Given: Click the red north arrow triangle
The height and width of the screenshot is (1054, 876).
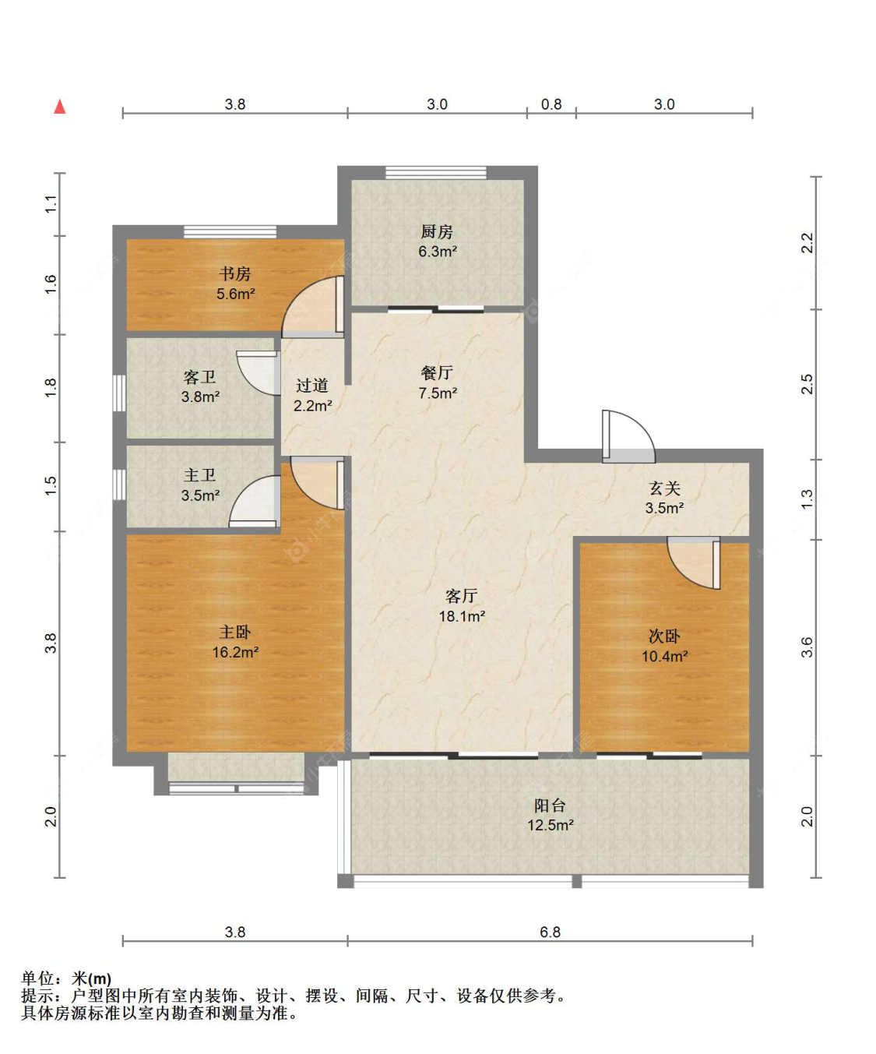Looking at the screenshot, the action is (60, 107).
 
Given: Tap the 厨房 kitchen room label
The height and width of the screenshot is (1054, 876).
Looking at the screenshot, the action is (437, 231).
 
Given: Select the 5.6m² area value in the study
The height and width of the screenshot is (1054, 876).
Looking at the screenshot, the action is (236, 294).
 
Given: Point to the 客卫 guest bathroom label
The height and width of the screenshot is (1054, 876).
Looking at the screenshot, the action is (200, 377).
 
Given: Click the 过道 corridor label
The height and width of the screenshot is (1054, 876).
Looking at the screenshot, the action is (312, 385).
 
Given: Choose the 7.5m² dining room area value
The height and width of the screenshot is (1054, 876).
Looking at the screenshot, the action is (438, 393).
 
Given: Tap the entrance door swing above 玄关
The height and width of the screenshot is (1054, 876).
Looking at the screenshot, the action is (628, 437).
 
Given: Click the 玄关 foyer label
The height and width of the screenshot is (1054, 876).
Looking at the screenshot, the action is (664, 488).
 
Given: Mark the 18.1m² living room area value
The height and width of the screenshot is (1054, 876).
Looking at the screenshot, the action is (462, 616).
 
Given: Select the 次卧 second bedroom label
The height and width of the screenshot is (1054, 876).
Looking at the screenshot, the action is (664, 636).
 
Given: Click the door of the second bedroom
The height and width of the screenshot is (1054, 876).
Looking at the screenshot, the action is (694, 562).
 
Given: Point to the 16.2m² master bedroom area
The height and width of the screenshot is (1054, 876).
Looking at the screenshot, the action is (236, 652).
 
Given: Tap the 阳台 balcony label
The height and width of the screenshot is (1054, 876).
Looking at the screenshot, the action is (550, 805).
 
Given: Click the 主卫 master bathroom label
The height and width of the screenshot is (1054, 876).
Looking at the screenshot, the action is (200, 475).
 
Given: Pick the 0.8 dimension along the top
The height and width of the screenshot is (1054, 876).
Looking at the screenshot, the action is (551, 104).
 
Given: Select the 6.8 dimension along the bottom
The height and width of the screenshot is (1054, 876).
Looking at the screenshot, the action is (550, 932).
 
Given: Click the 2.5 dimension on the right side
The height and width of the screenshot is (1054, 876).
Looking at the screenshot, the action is (807, 384).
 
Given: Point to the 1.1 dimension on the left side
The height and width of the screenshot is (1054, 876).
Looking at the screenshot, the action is (51, 204).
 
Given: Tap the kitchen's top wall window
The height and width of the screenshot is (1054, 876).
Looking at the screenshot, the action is (437, 173).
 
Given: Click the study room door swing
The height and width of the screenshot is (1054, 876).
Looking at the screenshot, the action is (313, 307).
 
